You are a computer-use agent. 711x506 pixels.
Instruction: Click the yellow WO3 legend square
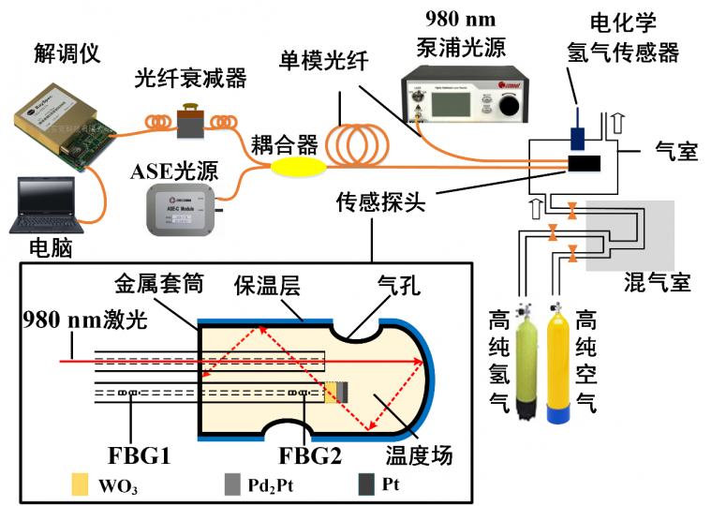81,484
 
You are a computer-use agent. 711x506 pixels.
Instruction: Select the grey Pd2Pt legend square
231,484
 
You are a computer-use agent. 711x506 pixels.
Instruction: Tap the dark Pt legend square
365,484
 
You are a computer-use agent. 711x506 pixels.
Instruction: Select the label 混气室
657,281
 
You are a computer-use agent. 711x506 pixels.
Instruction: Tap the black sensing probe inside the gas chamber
585,165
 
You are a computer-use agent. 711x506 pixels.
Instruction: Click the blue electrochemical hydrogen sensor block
578,137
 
